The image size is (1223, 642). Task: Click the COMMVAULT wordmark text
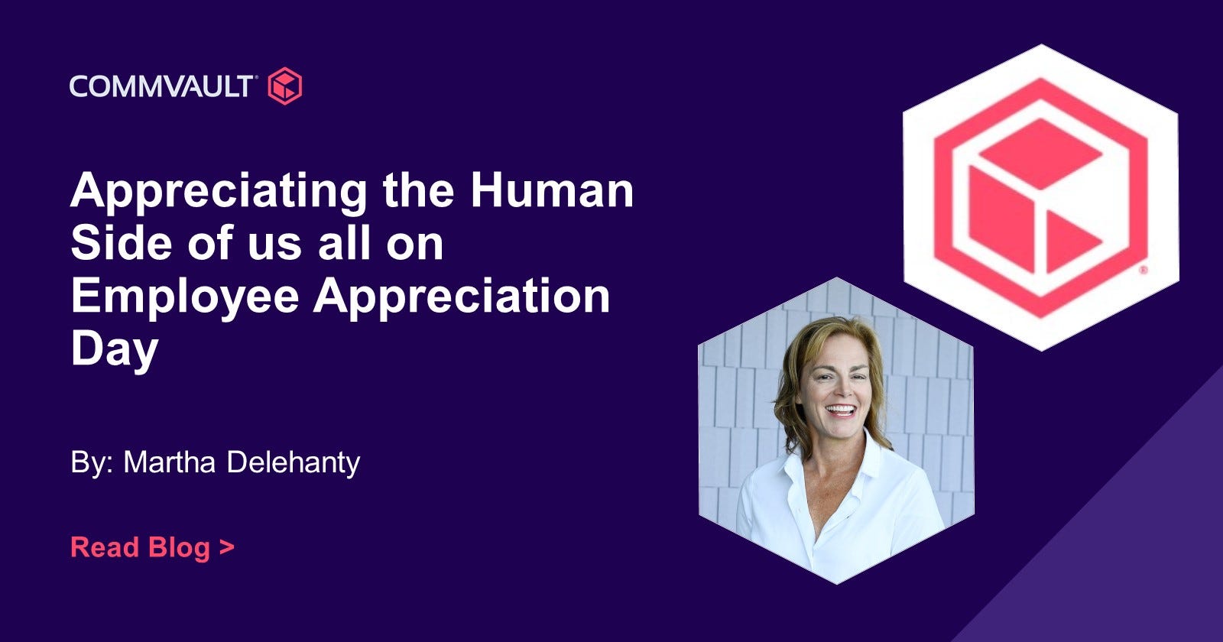point(161,86)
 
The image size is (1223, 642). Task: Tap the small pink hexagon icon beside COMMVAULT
point(285,86)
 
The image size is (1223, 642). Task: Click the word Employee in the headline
point(185,298)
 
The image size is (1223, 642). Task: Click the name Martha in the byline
point(170,462)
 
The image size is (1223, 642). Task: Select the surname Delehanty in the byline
point(294,463)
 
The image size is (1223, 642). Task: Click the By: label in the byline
point(92,463)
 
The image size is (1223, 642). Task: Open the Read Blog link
point(152,547)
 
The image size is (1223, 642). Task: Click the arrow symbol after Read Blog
point(226,547)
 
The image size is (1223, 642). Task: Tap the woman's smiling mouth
point(840,410)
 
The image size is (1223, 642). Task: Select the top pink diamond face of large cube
point(1040,154)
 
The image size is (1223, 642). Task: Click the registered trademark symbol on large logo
point(1144,270)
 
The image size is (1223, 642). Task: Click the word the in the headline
point(418,190)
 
